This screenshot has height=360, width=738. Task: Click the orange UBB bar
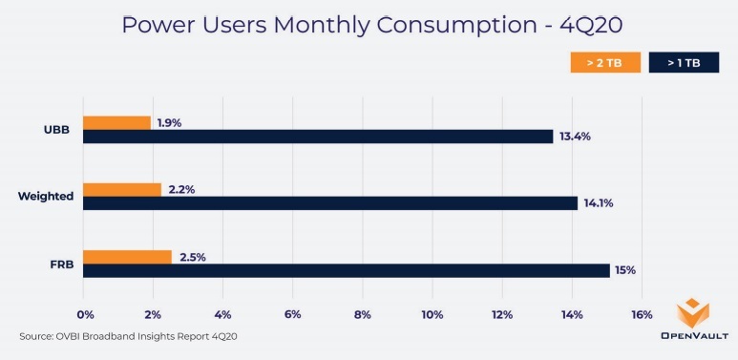(x=116, y=122)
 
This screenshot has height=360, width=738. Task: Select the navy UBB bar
(x=318, y=137)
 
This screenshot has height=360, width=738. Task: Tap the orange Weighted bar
(x=122, y=189)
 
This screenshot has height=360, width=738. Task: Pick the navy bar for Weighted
(x=330, y=203)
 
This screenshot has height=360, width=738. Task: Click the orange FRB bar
(x=127, y=256)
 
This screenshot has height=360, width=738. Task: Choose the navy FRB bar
(x=346, y=270)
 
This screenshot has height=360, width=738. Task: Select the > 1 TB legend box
(x=684, y=63)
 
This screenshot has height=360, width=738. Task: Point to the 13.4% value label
(x=575, y=137)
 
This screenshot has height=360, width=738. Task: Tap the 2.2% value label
(x=181, y=189)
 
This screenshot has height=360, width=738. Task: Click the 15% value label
(x=625, y=270)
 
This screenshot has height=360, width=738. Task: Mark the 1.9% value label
(x=170, y=122)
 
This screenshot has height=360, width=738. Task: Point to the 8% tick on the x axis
(x=363, y=315)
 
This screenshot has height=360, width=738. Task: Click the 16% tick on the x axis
(x=642, y=315)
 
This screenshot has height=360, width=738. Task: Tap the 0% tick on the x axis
(x=84, y=315)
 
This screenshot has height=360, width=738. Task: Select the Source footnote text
(x=127, y=337)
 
